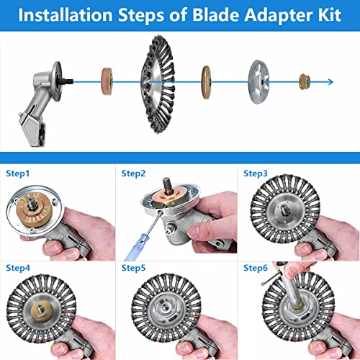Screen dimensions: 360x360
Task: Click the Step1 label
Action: coord(18,174)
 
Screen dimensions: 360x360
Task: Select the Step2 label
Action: coord(133,174)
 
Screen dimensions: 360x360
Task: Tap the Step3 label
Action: coord(256,174)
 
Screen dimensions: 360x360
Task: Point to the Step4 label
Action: coord(18,268)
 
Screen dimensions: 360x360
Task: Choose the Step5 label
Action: coord(133,268)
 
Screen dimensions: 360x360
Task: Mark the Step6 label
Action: coord(256,268)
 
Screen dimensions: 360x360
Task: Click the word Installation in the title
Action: coord(66,15)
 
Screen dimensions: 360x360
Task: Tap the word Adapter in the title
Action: coord(279,16)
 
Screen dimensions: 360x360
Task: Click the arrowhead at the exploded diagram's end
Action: coord(330,82)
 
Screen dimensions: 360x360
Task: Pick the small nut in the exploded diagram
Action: coord(305,82)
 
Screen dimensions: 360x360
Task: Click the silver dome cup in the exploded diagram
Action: coord(258,82)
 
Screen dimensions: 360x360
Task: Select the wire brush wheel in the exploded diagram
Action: coord(158,84)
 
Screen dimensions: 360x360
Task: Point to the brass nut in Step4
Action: coord(41,309)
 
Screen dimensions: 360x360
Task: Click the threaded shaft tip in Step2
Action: coord(167,185)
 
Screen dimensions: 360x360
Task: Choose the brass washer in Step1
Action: coord(34,210)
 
